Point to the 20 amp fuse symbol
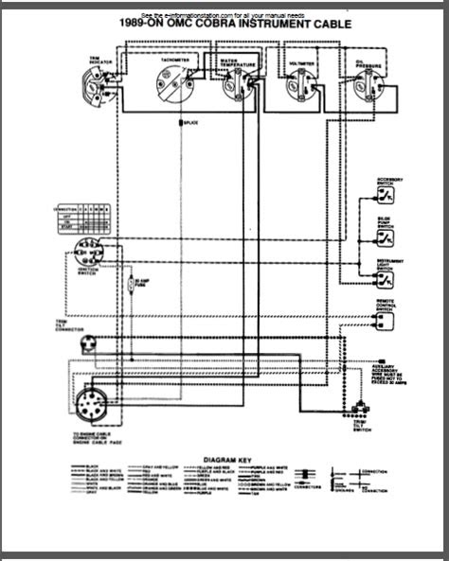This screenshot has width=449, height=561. [132, 284]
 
